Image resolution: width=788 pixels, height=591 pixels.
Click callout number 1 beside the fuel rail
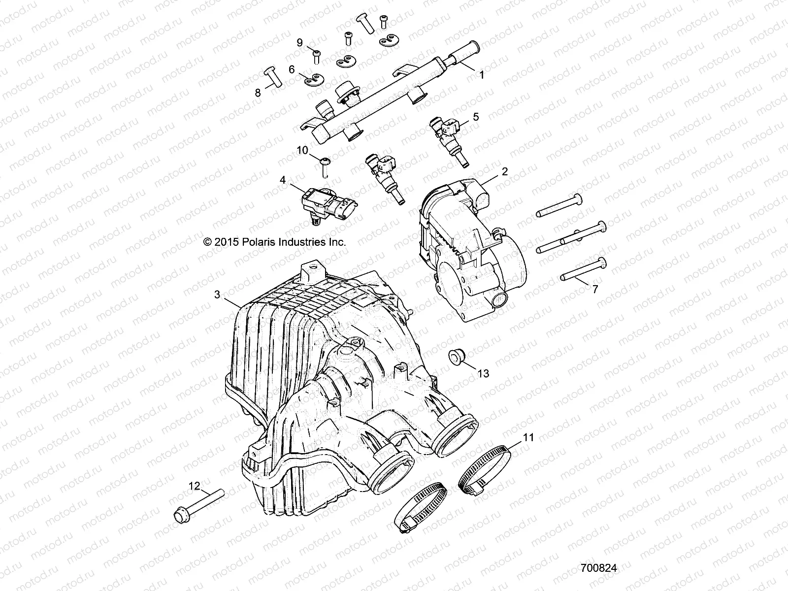tap(482, 75)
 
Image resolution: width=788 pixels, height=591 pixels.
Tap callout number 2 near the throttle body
tap(504, 171)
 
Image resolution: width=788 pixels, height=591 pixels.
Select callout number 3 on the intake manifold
tap(217, 295)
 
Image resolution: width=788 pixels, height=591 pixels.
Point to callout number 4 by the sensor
tap(283, 180)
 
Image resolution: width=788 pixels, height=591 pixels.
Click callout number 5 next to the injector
tap(475, 117)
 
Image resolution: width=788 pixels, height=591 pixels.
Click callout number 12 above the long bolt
tap(195, 486)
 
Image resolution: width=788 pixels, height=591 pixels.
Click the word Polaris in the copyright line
tap(257, 242)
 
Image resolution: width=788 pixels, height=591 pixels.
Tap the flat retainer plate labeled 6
tap(312, 79)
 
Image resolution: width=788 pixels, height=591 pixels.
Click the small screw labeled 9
tap(316, 55)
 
